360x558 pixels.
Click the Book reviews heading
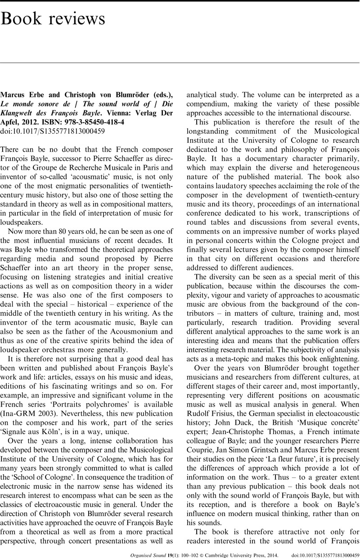[x=53, y=20]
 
